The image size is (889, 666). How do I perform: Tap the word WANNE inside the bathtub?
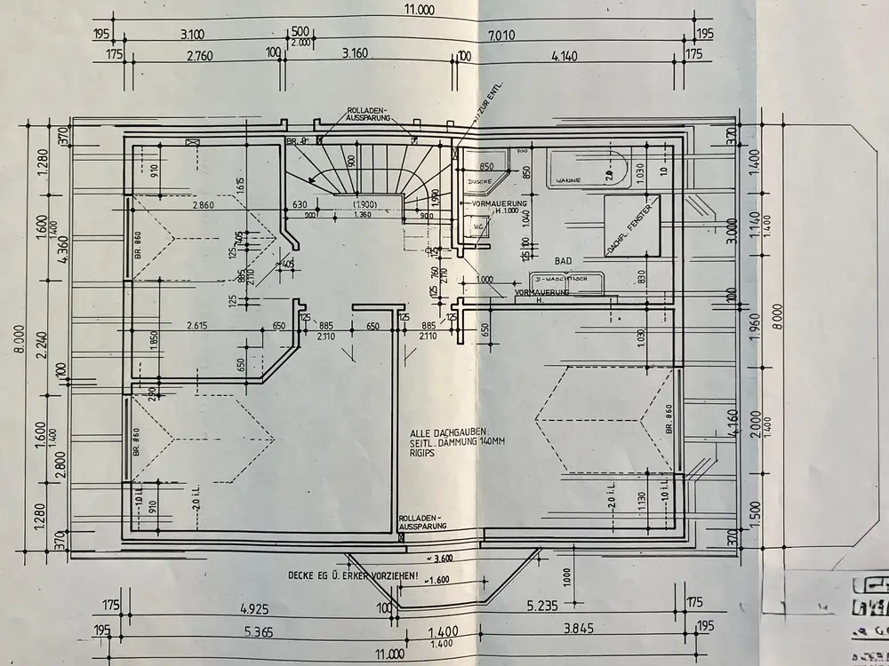[x=568, y=180]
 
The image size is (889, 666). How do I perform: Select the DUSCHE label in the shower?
[x=481, y=180]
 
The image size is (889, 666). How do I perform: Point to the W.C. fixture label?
[x=478, y=226]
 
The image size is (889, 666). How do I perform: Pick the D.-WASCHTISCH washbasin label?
[x=565, y=279]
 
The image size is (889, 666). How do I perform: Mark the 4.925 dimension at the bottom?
[x=254, y=610]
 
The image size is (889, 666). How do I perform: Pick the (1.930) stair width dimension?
[x=362, y=205]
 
